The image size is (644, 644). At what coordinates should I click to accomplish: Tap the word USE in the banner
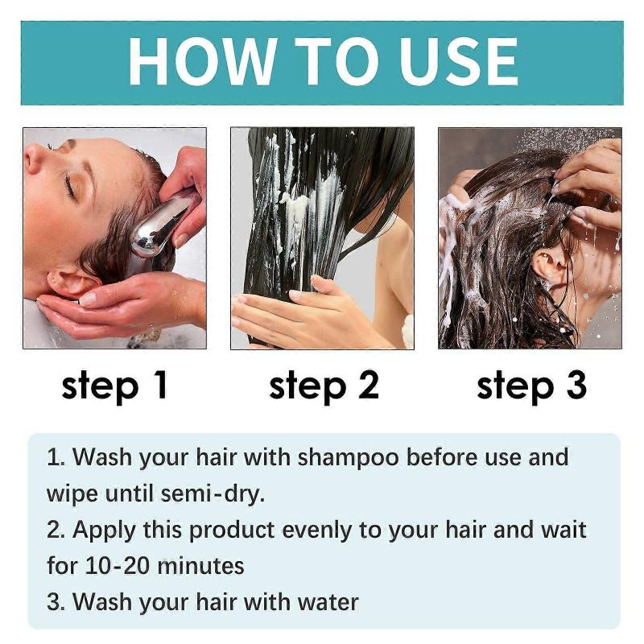[452, 61]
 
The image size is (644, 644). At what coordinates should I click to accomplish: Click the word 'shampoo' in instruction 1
[349, 458]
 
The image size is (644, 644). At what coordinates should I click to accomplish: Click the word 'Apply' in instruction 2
[101, 530]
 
